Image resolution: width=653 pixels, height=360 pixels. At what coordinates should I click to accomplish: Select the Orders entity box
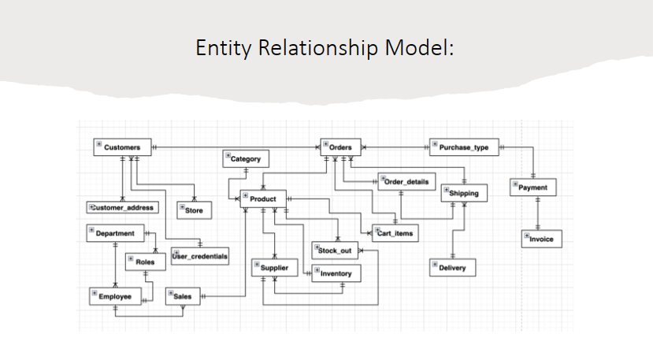tap(340, 147)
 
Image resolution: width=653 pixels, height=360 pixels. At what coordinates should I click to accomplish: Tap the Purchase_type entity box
tap(463, 147)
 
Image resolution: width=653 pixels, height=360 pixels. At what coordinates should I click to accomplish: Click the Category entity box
tap(246, 159)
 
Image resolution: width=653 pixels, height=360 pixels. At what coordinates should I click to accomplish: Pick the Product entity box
tap(262, 199)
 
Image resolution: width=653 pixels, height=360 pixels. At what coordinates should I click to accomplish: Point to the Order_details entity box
tap(406, 182)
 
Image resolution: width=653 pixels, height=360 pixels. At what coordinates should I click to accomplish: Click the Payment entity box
tap(533, 187)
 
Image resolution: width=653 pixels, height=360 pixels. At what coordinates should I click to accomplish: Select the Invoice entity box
tap(541, 239)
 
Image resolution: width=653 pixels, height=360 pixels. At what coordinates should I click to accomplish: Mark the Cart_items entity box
tap(394, 233)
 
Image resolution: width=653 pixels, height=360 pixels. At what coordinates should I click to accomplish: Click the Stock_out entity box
tap(334, 250)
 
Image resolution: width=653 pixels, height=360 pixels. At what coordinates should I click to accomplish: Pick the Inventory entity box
tap(336, 273)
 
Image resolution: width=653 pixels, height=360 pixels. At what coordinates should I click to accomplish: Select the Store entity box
tap(193, 210)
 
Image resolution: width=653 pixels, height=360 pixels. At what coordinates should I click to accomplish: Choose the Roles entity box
tap(144, 261)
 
